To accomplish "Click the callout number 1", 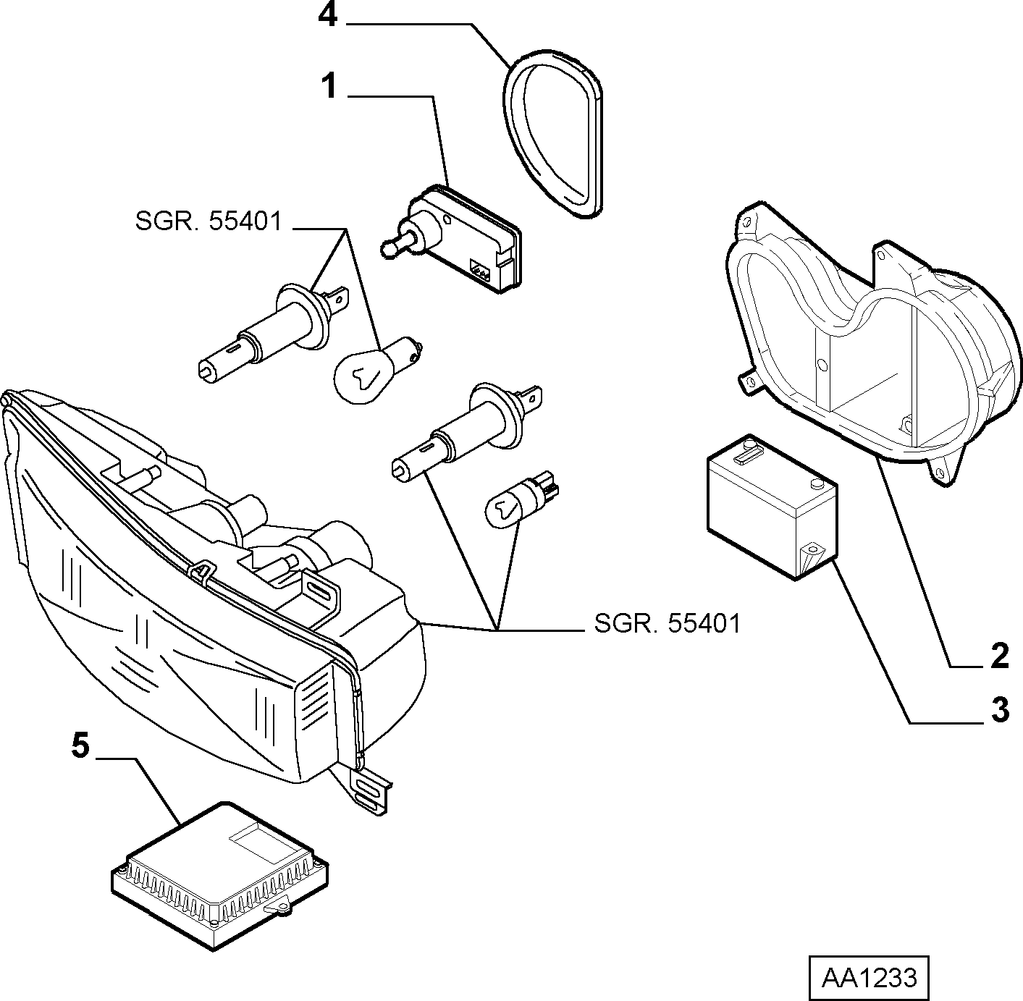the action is [329, 86].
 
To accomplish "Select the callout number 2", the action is [1000, 656].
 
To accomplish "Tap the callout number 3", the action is [1000, 709].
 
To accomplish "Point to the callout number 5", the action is [80, 746].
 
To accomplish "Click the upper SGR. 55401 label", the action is [208, 221].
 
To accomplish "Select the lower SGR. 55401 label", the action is [667, 623].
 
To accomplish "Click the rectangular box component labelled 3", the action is [772, 507].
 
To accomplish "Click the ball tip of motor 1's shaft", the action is [388, 249].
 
